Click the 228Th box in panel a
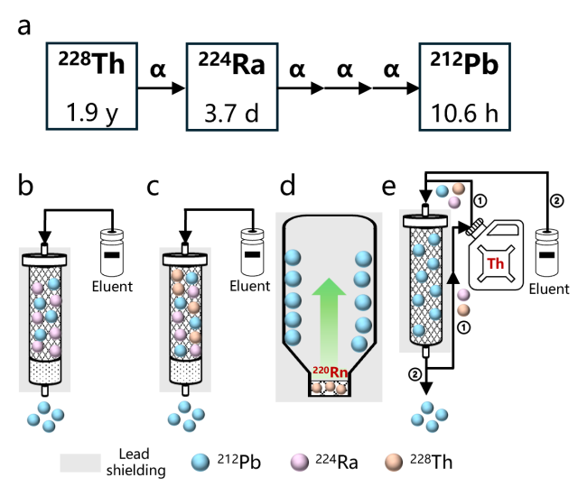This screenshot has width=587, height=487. pos(90,87)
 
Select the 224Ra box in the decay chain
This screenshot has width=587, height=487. pos(232,87)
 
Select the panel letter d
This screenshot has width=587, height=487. pos(287,187)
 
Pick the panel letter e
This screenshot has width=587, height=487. pos(390,187)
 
